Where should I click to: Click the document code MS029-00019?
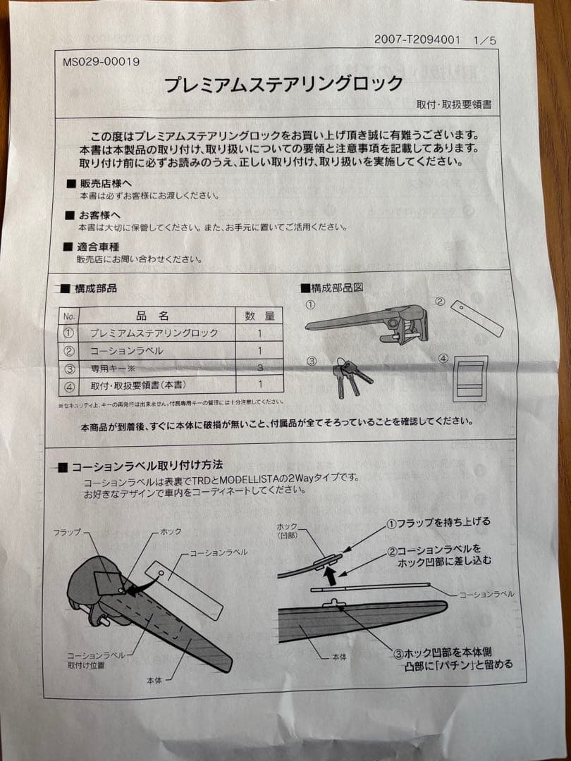click(102, 61)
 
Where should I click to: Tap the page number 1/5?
click(484, 40)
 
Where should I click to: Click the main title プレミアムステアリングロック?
click(283, 85)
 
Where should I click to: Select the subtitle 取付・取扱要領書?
click(454, 104)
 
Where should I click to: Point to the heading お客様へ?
click(99, 215)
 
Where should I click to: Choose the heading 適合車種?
click(99, 247)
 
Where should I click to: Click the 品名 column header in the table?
click(152, 316)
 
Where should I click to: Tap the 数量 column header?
click(259, 316)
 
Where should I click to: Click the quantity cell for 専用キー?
click(259, 367)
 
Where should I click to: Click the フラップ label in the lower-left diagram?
click(67, 532)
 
